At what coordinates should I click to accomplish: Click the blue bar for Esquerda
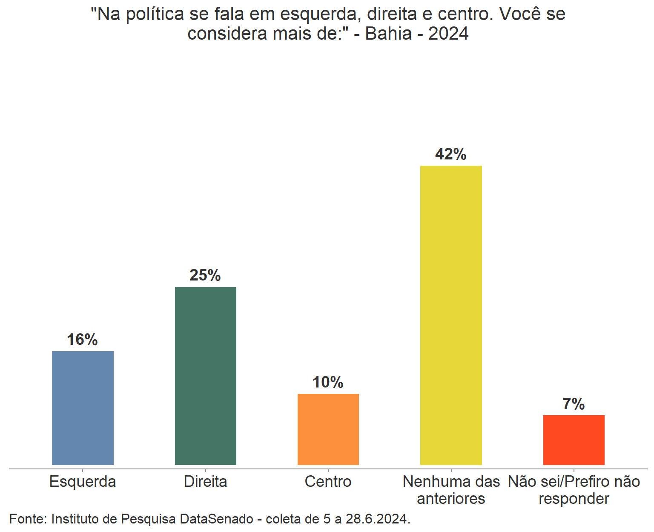click(83, 408)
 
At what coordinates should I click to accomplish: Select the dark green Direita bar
click(205, 376)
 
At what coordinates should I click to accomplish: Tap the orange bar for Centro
click(328, 429)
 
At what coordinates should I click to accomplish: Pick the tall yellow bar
click(451, 315)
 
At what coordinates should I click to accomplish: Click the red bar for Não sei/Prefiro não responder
click(574, 440)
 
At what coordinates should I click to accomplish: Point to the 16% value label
click(82, 340)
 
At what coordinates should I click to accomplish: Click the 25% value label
click(205, 275)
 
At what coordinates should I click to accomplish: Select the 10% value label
click(328, 382)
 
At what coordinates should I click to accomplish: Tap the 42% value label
click(450, 154)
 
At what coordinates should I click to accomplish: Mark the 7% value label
click(574, 404)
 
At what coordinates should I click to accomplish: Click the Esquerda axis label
click(83, 482)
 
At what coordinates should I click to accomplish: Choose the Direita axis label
click(205, 482)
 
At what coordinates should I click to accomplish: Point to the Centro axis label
click(328, 482)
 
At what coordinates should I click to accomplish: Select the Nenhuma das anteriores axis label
click(451, 490)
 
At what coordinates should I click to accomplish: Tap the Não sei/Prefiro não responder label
click(574, 490)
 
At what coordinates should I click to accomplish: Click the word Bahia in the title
click(388, 34)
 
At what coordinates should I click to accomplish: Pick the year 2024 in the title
click(448, 34)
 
